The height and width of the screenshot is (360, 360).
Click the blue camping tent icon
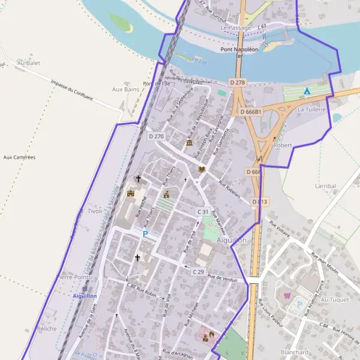307,91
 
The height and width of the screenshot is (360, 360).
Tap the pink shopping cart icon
287,295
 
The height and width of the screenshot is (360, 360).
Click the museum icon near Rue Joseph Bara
190,143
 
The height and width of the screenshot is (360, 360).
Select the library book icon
202,170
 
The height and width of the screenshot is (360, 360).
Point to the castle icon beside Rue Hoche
131,193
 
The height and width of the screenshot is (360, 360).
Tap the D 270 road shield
155,136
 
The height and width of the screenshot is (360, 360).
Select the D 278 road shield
238,82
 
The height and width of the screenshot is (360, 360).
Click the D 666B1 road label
251,112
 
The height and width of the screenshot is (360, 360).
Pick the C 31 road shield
203,212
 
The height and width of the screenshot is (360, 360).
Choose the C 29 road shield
199,272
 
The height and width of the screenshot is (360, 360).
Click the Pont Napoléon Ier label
239,53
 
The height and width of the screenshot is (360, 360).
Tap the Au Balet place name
28,62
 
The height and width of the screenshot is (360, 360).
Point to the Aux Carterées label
19,157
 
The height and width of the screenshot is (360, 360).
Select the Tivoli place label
95,211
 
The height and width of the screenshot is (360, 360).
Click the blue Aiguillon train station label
84,296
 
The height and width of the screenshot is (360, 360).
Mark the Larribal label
325,186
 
